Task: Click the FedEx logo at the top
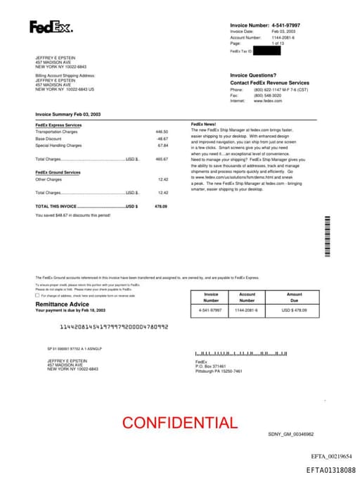tap(50, 27)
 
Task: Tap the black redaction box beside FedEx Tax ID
tap(267, 51)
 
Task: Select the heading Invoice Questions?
tap(253, 75)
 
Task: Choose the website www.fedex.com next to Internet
tap(267, 101)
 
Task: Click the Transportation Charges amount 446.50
tap(162, 132)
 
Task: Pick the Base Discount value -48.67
tap(162, 139)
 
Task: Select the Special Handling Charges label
tap(58, 146)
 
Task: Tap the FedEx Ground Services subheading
tap(58, 172)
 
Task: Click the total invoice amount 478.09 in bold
tap(160, 206)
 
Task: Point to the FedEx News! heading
tap(204, 125)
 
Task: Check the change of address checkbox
tap(37, 295)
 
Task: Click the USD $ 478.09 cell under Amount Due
tap(294, 310)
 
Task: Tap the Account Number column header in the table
tap(247, 298)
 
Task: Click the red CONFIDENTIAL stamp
tap(180, 423)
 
